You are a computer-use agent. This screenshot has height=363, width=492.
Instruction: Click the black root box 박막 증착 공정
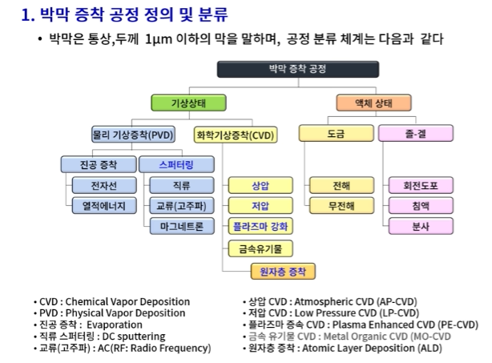(x=286, y=70)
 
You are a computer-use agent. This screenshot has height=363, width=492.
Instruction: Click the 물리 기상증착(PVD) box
(x=132, y=135)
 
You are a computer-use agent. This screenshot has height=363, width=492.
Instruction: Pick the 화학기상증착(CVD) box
(x=235, y=135)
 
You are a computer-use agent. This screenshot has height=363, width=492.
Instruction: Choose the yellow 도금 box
(x=336, y=135)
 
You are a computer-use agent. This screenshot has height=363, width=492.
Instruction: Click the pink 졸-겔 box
(x=416, y=135)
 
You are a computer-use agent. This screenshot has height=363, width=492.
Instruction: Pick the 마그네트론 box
(x=182, y=226)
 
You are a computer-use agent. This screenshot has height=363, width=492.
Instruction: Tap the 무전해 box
(x=341, y=206)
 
